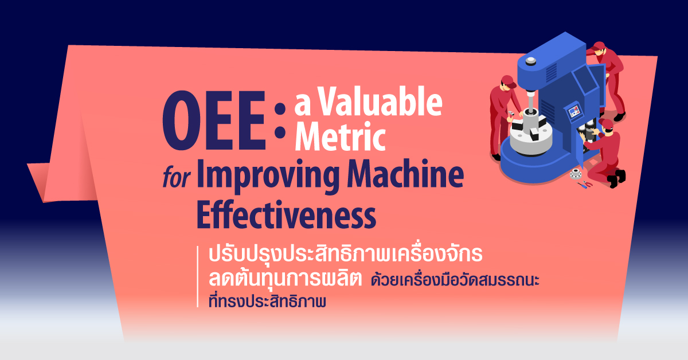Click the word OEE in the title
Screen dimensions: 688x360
click(x=214, y=120)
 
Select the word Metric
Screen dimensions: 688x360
click(x=340, y=136)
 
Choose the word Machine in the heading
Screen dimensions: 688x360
click(x=405, y=174)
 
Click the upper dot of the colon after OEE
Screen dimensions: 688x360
click(x=280, y=109)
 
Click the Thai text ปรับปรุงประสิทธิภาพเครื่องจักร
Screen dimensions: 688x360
click(x=346, y=254)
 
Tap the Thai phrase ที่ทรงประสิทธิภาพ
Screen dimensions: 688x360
click(x=267, y=300)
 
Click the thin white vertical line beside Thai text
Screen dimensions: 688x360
click(x=198, y=276)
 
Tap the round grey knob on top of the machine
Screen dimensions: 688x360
click(x=530, y=61)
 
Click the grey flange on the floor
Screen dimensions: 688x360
click(x=576, y=174)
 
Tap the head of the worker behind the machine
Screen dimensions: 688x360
click(x=599, y=49)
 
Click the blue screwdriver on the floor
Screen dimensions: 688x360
click(x=582, y=185)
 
